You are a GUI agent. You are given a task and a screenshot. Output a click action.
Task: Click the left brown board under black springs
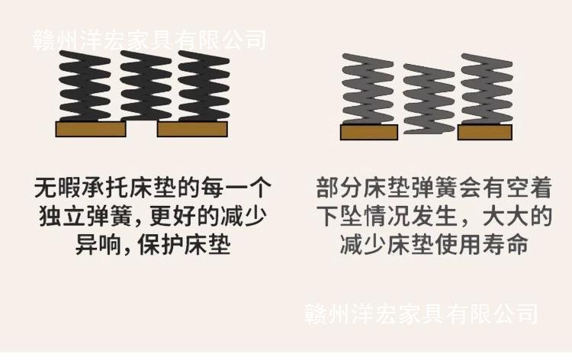(91, 129)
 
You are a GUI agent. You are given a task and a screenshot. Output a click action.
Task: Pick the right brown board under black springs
(192, 129)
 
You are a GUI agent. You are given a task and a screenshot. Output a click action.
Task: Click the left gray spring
(368, 90)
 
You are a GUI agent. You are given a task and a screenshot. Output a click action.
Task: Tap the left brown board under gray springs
(368, 133)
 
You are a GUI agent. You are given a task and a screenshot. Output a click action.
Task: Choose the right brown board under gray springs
(486, 133)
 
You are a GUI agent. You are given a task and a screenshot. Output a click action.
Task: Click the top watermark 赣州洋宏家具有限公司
(149, 38)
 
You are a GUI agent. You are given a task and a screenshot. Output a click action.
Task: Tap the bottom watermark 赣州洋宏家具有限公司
(421, 313)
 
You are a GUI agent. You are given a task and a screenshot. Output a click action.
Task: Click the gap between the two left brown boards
(142, 129)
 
